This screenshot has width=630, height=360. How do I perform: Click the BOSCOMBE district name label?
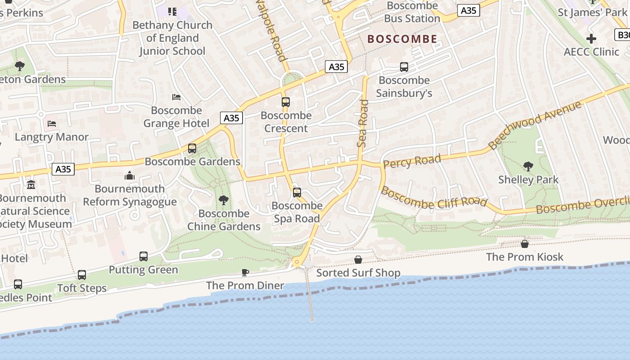click(x=402, y=39)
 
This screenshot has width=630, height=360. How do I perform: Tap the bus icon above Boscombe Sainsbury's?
click(x=404, y=67)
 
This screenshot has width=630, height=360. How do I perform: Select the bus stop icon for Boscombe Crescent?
click(x=286, y=102)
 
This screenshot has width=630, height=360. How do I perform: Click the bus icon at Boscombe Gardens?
click(x=192, y=148)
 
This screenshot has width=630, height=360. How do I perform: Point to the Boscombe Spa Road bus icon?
click(x=297, y=193)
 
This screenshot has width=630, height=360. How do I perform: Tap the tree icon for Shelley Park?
click(x=528, y=166)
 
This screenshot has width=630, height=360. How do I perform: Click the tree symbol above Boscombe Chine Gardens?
click(x=223, y=200)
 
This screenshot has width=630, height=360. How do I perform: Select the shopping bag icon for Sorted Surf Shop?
click(x=358, y=260)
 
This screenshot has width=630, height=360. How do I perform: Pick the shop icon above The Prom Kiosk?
click(x=525, y=244)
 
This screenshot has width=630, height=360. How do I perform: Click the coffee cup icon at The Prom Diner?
click(x=245, y=272)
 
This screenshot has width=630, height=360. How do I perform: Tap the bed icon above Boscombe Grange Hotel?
click(x=176, y=97)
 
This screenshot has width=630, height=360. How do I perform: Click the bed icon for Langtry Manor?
click(x=52, y=124)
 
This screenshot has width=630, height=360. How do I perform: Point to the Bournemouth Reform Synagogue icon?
click(x=130, y=175)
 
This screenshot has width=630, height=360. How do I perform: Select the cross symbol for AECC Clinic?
click(x=591, y=39)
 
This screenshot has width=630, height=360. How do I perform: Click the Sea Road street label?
click(x=363, y=123)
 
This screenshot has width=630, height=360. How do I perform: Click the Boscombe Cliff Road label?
click(x=434, y=198)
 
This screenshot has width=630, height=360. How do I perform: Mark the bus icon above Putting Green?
click(x=144, y=256)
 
